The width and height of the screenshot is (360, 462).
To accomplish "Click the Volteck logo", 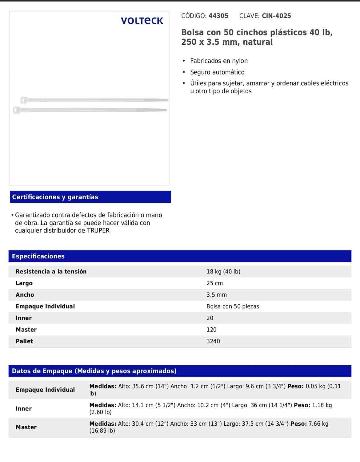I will pos(142,21).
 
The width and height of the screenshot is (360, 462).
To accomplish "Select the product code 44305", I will pos(218,16).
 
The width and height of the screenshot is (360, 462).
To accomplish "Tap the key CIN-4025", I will pos(276,16).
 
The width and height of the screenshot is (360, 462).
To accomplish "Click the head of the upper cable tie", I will pos(24,100).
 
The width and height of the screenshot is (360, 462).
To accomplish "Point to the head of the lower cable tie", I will pos(16,110).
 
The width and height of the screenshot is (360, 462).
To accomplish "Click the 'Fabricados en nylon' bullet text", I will pos(219,61).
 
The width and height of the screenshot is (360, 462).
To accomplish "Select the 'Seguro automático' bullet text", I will pos(217,72).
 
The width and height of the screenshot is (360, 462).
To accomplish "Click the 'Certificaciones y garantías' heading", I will pos(55,197).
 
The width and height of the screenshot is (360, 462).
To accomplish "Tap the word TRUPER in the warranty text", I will pos(98,231).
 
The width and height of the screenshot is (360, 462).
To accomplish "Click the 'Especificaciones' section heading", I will pos(38,256).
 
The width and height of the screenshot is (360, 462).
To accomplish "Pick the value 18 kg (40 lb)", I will pos(223,272).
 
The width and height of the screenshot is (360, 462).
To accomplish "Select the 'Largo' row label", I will pos(24,283).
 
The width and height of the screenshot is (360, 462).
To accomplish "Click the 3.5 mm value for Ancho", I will pos(217,295).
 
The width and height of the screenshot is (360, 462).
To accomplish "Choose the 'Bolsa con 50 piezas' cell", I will pos(233,306).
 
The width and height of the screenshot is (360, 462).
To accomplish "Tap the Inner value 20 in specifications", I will pos(210,318).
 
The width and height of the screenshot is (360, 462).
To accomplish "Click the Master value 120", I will pos(211,330).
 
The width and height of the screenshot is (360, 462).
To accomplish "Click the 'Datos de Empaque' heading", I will pos(94,371).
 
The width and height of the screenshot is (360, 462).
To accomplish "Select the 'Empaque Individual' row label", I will pos(45,390).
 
